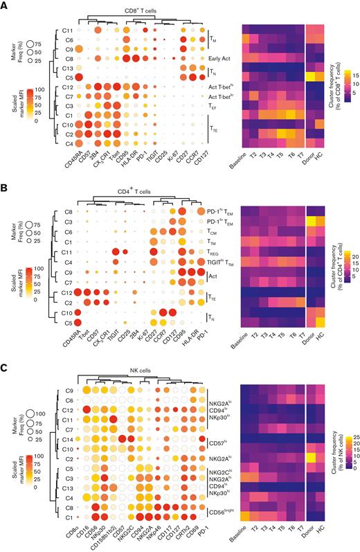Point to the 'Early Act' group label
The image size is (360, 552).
pos(222,59)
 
